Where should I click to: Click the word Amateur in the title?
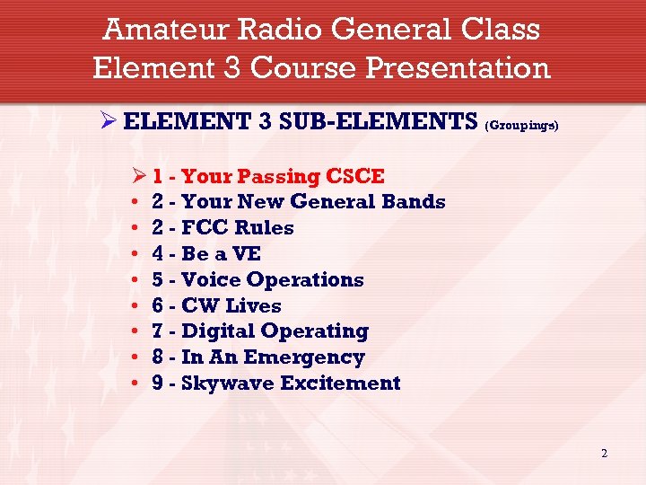click(x=167, y=30)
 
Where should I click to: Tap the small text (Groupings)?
click(x=521, y=127)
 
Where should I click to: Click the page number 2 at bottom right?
click(x=604, y=454)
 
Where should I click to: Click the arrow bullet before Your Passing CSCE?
click(x=137, y=176)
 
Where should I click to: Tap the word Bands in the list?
click(x=414, y=202)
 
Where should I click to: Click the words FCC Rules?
click(x=238, y=228)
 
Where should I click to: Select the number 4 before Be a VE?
click(x=158, y=254)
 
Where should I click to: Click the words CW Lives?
click(x=231, y=306)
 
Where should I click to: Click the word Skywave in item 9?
click(x=228, y=384)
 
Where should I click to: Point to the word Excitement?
click(x=341, y=384)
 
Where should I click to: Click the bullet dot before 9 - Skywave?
click(x=134, y=384)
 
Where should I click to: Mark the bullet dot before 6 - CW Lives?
click(x=134, y=306)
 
